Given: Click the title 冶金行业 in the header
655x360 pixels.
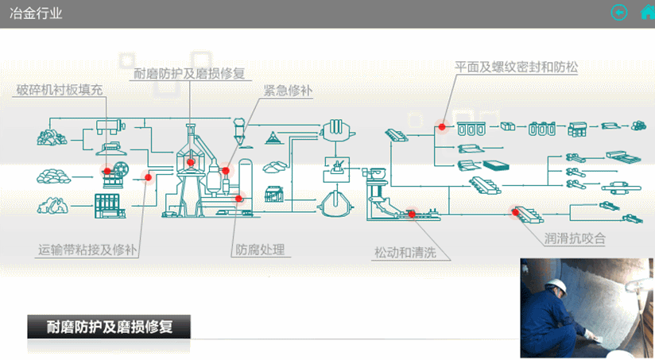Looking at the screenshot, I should (x=35, y=14).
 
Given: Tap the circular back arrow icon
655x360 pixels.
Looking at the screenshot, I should (x=618, y=12).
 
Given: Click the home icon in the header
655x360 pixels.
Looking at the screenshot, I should (x=641, y=12).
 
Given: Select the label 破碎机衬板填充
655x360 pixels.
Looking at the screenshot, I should (x=60, y=90).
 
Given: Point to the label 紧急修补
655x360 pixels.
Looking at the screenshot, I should (x=289, y=91).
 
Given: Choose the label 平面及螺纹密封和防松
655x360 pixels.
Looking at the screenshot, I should (x=516, y=68).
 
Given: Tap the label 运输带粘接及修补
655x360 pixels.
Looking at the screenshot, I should (x=87, y=250).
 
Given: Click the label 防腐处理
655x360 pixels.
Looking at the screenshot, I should (x=260, y=250).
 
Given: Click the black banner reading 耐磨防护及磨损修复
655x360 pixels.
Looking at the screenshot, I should (x=110, y=325).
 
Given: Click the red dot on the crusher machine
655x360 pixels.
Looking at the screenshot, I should (x=107, y=170).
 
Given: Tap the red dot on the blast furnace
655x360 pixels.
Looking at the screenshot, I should (x=191, y=164).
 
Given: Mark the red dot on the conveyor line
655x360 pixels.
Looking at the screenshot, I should (x=146, y=179).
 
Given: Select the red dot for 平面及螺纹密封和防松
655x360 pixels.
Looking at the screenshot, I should (x=442, y=126).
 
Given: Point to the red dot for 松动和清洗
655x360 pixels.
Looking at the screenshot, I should (x=411, y=213).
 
